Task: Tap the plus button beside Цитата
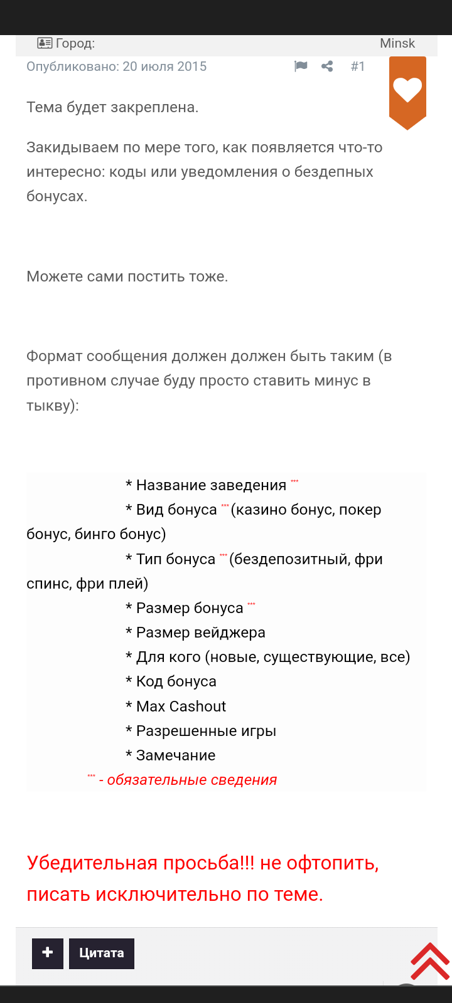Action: pos(48,953)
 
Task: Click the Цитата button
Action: pos(102,953)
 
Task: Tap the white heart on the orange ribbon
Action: pos(407,90)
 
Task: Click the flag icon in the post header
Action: pos(301,66)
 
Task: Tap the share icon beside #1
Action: pos(327,66)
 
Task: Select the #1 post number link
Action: pos(358,66)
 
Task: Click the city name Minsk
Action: pos(397,43)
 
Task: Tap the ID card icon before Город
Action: pos(45,43)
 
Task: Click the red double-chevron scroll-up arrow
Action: pos(430,960)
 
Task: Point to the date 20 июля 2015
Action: pos(164,66)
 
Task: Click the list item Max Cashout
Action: pos(181,706)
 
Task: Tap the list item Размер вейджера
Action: pos(200,633)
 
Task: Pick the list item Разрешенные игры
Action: pos(206,731)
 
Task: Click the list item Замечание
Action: pos(175,755)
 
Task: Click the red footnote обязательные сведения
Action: pos(191,780)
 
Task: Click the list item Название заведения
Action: pos(211,485)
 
